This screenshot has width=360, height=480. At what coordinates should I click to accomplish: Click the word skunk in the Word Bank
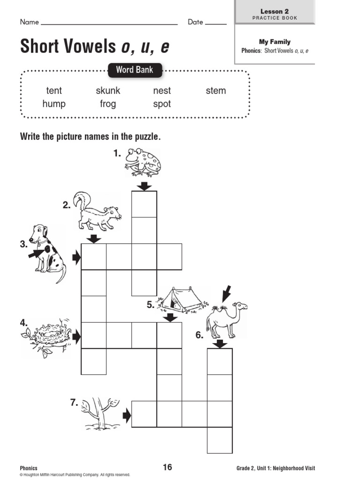[x=108, y=90]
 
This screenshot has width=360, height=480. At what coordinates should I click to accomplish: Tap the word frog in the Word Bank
[x=108, y=104]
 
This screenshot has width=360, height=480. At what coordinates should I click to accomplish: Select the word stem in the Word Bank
[x=216, y=90]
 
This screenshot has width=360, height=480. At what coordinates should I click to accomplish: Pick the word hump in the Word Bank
[x=54, y=104]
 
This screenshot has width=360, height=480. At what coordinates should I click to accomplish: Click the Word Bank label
[x=135, y=70]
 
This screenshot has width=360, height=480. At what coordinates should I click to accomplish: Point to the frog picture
[x=143, y=162]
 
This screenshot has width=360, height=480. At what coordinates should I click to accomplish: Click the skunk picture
[x=97, y=211]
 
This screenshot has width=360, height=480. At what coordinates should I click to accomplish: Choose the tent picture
[x=180, y=300]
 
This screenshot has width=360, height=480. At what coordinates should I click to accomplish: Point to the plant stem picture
[x=98, y=412]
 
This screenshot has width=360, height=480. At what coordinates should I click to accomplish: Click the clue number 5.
[x=150, y=305]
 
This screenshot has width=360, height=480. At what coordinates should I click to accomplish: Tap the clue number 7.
[x=74, y=402]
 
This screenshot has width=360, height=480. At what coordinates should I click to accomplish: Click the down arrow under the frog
[x=144, y=186]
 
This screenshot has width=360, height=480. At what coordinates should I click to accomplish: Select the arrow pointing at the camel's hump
[x=226, y=294]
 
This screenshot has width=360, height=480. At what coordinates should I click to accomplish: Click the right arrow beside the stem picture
[x=126, y=414]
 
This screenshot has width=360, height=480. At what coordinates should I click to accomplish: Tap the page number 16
[x=167, y=467]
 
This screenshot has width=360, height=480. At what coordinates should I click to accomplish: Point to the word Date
[x=195, y=22]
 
